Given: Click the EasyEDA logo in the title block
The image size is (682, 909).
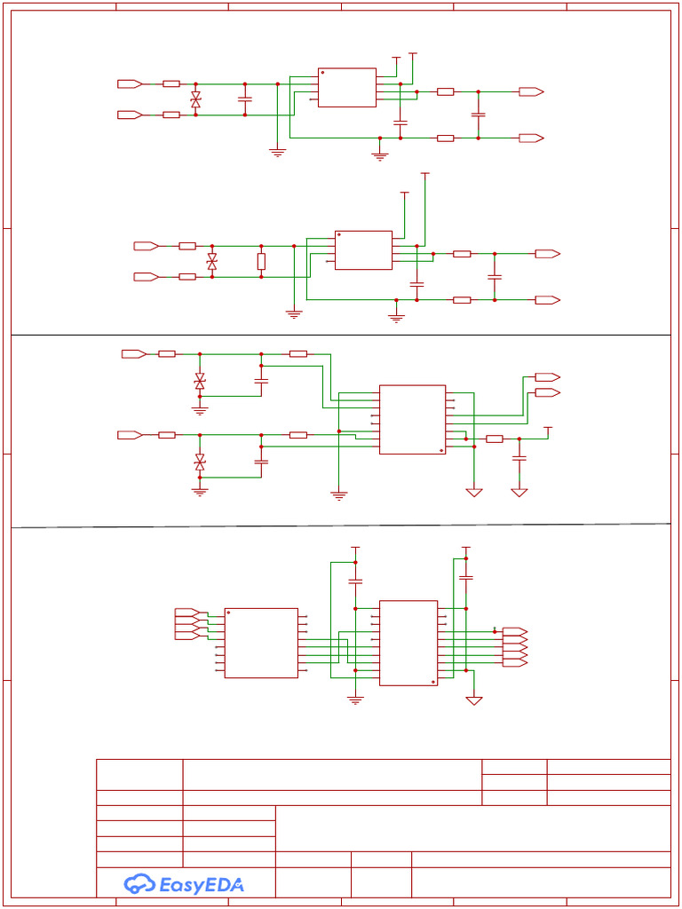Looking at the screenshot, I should (x=184, y=883).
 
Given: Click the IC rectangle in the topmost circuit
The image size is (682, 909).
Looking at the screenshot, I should (x=346, y=87).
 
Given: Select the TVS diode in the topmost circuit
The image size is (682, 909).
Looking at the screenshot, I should (x=195, y=99).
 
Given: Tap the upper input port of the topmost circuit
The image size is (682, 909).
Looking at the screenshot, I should (x=129, y=83).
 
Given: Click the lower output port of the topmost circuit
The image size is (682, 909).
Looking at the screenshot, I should (x=530, y=138).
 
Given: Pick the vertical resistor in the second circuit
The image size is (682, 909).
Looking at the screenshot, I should (x=261, y=261).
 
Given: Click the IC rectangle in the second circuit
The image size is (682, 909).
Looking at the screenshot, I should (x=363, y=249).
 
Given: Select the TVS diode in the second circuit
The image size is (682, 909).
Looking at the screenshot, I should (x=211, y=261).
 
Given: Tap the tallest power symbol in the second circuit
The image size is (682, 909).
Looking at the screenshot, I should (x=424, y=175).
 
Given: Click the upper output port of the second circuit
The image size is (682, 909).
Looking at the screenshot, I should (x=546, y=254).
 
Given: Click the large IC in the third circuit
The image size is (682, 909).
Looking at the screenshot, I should (x=412, y=419).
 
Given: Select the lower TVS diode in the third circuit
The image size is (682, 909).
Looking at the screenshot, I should (x=200, y=462).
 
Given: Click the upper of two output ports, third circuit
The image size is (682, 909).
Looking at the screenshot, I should (x=546, y=377).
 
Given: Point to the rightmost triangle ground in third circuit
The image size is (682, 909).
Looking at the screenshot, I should (x=519, y=492).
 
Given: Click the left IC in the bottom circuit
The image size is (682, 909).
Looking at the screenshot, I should (x=260, y=643).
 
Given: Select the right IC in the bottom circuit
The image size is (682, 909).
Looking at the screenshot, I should (x=408, y=643).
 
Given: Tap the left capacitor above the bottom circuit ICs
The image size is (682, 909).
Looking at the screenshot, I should (x=355, y=581).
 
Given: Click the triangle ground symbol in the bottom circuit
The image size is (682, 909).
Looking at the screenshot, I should (x=474, y=700).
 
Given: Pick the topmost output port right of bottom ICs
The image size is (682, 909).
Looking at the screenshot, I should (x=514, y=631).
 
